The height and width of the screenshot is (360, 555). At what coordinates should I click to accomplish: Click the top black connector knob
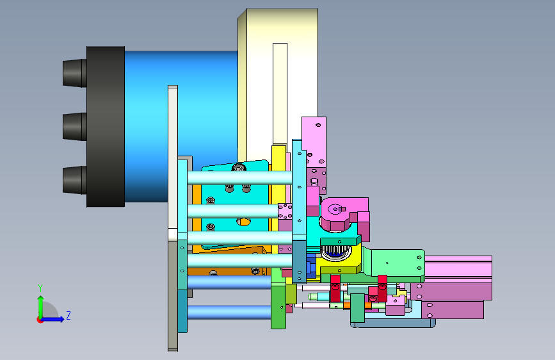pyautogui.click(x=74, y=73)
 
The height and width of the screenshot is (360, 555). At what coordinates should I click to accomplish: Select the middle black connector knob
pyautogui.click(x=74, y=126)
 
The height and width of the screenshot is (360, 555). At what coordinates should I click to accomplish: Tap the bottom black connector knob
pyautogui.click(x=74, y=180)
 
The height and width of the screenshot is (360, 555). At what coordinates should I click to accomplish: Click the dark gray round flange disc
pyautogui.click(x=106, y=126)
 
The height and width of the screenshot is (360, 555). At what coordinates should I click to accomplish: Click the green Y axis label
pyautogui.click(x=40, y=288)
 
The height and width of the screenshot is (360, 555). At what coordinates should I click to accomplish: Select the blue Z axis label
pyautogui.click(x=68, y=315)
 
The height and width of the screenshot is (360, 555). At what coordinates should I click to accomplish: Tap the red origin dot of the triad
pyautogui.click(x=40, y=320)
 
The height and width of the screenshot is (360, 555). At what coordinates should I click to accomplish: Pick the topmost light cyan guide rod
pyautogui.click(x=239, y=178)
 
